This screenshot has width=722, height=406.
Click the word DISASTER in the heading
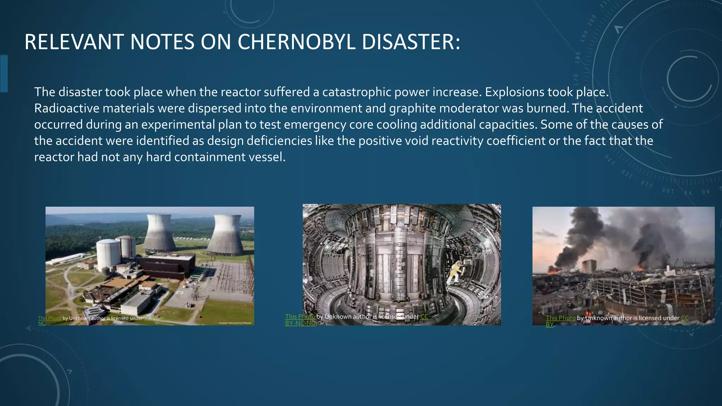(411, 42)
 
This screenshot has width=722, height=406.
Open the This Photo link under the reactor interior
(300, 316)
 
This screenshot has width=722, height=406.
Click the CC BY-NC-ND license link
(300, 323)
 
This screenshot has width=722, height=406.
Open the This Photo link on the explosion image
(561, 318)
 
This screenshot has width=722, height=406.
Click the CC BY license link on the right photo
(684, 318)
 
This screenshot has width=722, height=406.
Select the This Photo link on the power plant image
(50, 318)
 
